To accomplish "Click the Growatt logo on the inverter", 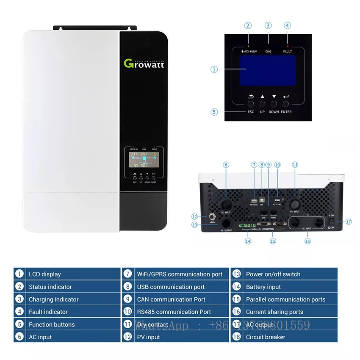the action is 144,63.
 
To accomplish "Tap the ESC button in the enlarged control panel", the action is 251,103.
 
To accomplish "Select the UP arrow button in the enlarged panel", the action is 262,103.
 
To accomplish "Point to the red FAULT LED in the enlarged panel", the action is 288,45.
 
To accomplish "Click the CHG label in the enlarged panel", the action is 268,51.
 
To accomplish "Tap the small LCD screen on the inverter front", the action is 142,160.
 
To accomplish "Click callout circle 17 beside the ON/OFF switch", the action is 349,222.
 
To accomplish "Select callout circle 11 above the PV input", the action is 295,165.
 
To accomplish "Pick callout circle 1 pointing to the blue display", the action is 214,69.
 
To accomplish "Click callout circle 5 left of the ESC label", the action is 214,112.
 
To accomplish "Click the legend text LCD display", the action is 45,274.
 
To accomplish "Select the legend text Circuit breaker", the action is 266,337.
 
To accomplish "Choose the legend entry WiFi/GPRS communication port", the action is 180,274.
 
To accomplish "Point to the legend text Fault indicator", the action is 48,312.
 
